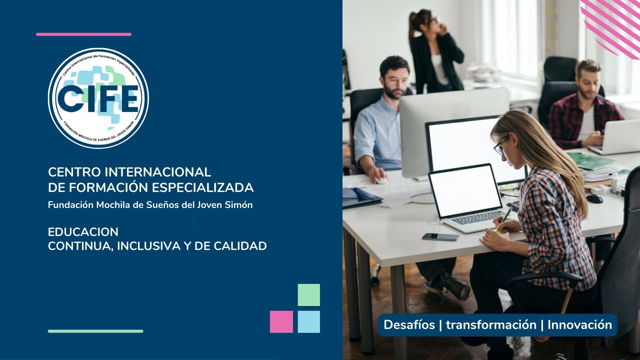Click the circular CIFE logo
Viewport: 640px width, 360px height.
(98, 98)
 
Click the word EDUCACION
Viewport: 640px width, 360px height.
(83, 232)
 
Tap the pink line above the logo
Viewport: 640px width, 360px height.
(83, 34)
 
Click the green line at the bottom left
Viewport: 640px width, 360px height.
(95, 331)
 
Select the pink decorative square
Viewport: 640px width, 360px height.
(281, 322)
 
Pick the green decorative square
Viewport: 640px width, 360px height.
(308, 295)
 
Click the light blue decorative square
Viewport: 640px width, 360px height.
(308, 322)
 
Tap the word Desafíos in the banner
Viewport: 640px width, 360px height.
(409, 325)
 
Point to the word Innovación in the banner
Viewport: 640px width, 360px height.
(579, 325)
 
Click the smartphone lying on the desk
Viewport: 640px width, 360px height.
(440, 236)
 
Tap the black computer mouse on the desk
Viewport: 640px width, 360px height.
(594, 198)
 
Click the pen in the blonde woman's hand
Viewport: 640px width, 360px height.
(505, 216)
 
